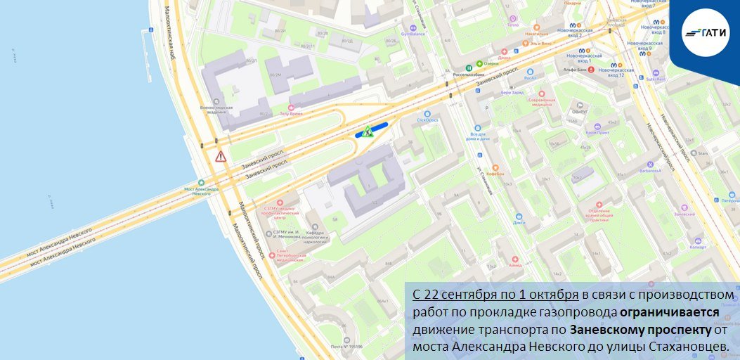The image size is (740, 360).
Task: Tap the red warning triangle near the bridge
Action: tap(221, 156)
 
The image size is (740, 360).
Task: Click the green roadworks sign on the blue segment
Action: tap(367, 131)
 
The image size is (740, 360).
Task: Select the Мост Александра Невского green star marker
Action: tap(202, 182)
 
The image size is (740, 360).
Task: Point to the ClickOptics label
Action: tap(427, 120)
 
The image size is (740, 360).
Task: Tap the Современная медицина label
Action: tap(537, 102)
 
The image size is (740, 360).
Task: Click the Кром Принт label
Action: tap(597, 132)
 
